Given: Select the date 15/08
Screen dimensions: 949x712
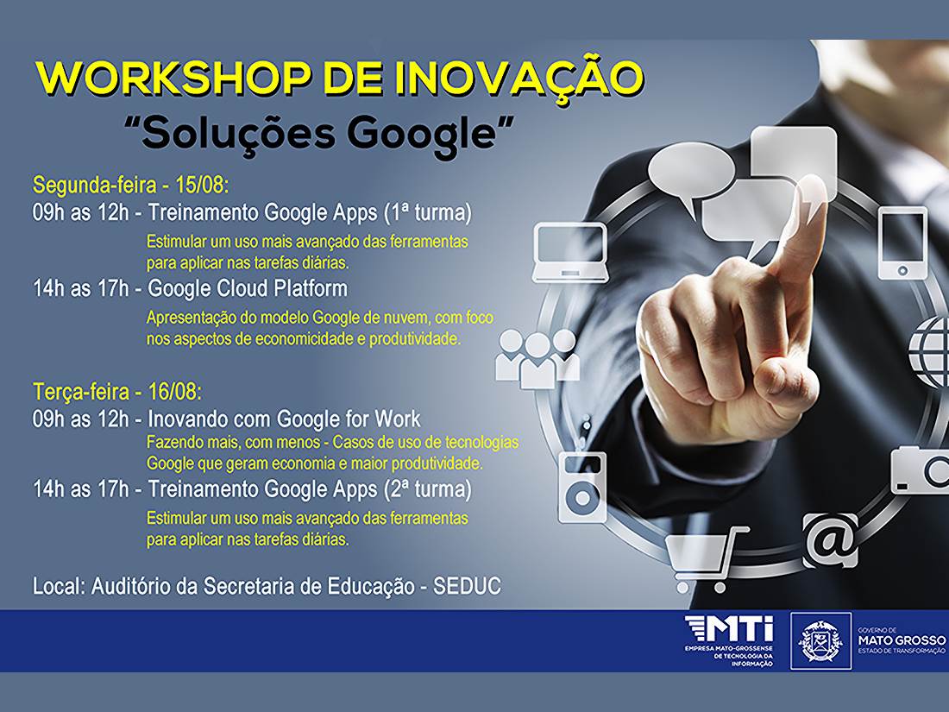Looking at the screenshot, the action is click(x=203, y=185).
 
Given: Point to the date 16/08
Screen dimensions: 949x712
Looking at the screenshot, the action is click(x=175, y=392).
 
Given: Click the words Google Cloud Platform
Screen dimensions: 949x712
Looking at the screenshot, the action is click(x=248, y=288).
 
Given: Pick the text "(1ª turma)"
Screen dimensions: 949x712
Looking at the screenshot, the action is click(x=427, y=212).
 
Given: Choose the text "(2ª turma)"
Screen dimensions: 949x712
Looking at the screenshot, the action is click(x=427, y=488).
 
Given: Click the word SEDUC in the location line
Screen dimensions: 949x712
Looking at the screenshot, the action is click(x=468, y=586).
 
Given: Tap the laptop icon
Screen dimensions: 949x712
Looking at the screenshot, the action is click(x=569, y=253).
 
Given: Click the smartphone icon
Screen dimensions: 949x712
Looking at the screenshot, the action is click(x=902, y=243).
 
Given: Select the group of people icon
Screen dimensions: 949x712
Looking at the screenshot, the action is click(x=537, y=358).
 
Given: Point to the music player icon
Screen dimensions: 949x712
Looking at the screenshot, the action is click(x=582, y=488).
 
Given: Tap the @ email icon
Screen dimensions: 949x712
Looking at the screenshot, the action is click(x=830, y=540).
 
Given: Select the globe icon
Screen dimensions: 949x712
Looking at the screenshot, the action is click(x=930, y=352).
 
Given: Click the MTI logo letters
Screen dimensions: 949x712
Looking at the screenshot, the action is click(x=729, y=630).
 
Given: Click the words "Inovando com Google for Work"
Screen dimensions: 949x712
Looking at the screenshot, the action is click(x=284, y=419).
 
